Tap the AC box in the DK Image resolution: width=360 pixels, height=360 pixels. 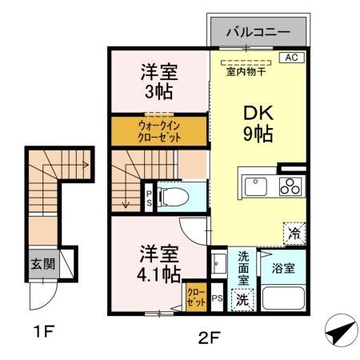tap(291, 58)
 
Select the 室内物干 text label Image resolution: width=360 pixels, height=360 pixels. tap(246, 74)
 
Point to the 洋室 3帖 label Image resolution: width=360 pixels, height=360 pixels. tap(158, 80)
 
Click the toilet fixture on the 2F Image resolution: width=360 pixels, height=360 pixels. tap(175, 195)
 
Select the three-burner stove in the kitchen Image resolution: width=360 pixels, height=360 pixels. tap(289, 186)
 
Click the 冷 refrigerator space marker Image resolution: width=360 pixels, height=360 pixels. tap(294, 233)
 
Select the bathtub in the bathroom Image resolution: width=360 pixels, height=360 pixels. tap(285, 302)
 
